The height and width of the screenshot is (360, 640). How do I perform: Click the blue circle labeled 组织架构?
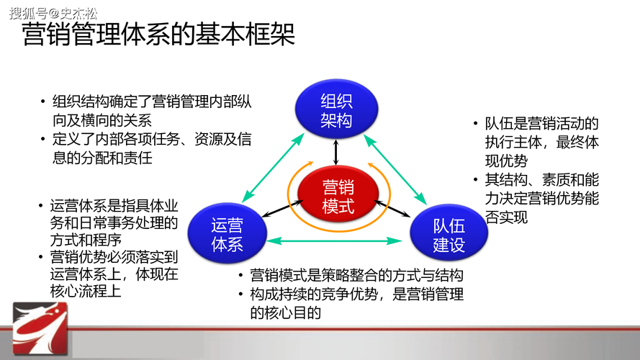[336, 111]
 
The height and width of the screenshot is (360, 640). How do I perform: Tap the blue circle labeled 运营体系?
[227, 235]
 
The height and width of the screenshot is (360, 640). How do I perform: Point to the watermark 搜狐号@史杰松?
[54, 12]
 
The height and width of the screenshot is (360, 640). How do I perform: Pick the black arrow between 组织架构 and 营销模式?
[336, 152]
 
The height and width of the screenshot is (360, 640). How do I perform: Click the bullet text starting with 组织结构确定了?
[148, 110]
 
